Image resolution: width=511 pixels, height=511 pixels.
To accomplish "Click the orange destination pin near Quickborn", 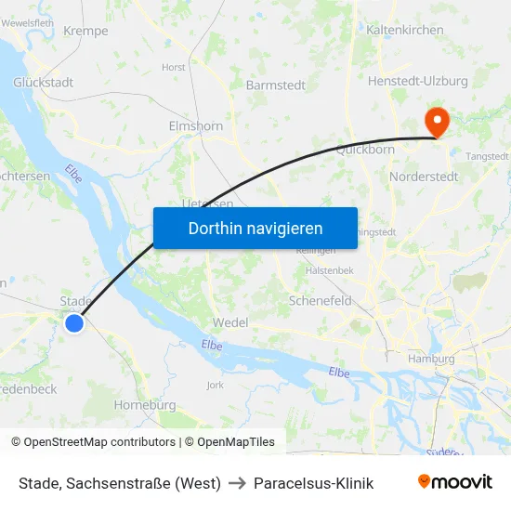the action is point(435,121).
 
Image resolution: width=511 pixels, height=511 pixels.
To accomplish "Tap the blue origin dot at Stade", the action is point(74,322).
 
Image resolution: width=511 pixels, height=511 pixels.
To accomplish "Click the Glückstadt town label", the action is point(44,83).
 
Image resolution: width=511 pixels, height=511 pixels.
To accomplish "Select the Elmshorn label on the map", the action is point(195,126).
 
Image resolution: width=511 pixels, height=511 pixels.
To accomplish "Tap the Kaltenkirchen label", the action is point(405,31).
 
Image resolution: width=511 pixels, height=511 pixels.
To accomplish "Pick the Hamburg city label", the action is point(432,359).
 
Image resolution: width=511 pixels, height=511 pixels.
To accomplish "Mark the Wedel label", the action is point(229,321).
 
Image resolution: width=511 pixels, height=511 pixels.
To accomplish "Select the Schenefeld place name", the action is point(321,301).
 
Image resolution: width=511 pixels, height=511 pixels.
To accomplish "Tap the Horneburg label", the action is point(144,405).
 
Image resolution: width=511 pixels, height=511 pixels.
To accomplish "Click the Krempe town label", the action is point(85,31).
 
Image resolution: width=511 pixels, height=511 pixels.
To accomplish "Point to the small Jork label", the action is point(215,384).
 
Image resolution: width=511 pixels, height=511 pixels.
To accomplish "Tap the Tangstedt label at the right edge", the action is point(487,156).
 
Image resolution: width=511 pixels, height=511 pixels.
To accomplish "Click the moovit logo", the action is point(454,482).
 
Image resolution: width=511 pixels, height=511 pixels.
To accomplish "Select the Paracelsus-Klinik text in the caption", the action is point(315,483).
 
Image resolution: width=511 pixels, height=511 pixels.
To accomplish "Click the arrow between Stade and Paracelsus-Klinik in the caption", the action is point(238,483).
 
